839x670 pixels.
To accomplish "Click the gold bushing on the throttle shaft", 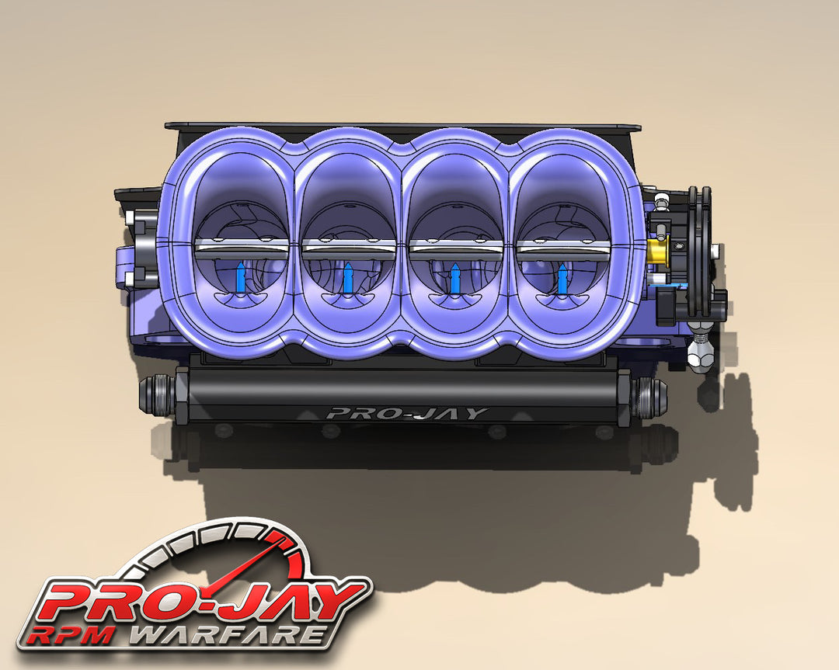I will click(x=657, y=250).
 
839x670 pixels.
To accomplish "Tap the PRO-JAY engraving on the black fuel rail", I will click(x=406, y=413).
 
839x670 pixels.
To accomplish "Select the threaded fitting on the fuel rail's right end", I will click(x=646, y=397).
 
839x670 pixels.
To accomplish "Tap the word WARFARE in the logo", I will click(x=225, y=634).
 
